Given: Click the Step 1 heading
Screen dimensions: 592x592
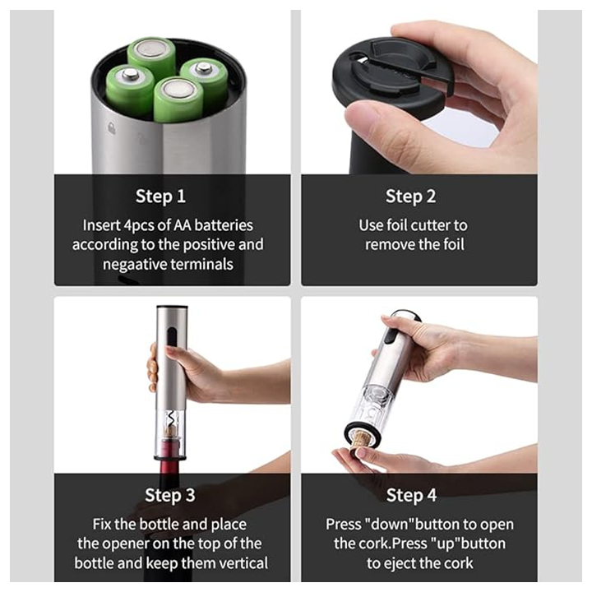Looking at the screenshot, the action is coord(160,197).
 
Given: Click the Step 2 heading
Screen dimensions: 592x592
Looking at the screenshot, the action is coord(410,197).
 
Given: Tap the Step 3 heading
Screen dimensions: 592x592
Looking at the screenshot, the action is coord(170,495).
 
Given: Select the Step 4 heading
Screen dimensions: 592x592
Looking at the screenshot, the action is coord(411,495).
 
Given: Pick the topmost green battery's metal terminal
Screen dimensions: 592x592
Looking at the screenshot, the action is coord(151,49).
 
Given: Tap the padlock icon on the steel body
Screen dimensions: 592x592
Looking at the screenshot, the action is coord(111,128).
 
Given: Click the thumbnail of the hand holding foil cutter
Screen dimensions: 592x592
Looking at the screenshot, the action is coord(419,92).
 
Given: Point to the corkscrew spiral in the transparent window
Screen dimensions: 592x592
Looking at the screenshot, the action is coord(171,419).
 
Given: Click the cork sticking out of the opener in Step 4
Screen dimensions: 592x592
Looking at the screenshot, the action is coord(360,442).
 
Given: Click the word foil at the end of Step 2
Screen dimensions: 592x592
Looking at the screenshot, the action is coord(453,244).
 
